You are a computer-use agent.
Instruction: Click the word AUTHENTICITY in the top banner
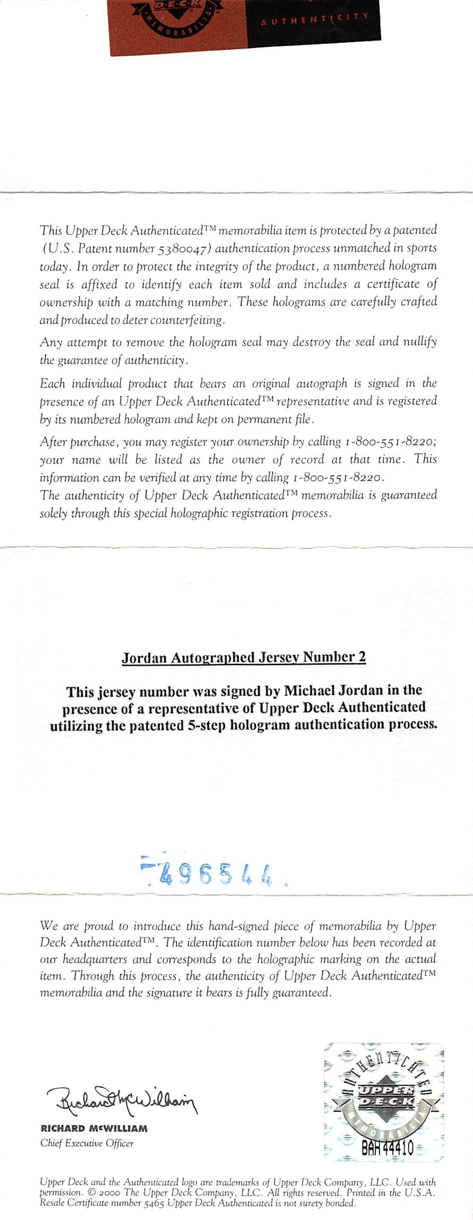click(315, 20)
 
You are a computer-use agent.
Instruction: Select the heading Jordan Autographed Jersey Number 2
click(243, 658)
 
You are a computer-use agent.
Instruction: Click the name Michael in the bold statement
click(314, 690)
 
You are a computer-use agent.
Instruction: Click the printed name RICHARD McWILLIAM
click(94, 1128)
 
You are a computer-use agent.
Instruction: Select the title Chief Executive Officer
click(87, 1143)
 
